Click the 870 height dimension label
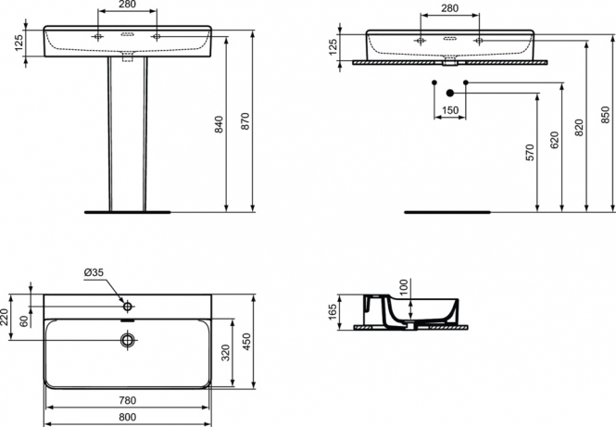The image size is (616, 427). [x=245, y=121]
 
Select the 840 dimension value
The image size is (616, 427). [x=219, y=124]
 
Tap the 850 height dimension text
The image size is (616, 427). [x=606, y=115]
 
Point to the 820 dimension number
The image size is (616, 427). [x=579, y=127]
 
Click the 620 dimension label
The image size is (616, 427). [x=554, y=140]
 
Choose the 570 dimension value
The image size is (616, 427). [x=530, y=153]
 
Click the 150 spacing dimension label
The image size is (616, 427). [x=450, y=110]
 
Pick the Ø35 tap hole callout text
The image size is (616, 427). [x=94, y=271]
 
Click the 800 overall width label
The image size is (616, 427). [x=127, y=417]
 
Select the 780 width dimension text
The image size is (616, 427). [x=127, y=400]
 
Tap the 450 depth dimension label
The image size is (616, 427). [x=247, y=342]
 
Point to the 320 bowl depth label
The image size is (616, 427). [x=225, y=353]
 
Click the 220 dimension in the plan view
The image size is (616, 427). [x=5, y=319]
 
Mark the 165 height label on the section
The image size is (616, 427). [x=333, y=312]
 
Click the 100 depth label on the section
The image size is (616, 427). [x=404, y=288]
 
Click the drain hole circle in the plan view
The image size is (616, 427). [x=128, y=340]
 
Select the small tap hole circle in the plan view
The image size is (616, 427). [x=128, y=306]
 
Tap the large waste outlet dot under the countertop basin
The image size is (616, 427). [x=450, y=94]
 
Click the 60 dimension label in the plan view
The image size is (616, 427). [x=24, y=320]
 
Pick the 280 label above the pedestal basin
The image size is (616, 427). [x=127, y=5]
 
